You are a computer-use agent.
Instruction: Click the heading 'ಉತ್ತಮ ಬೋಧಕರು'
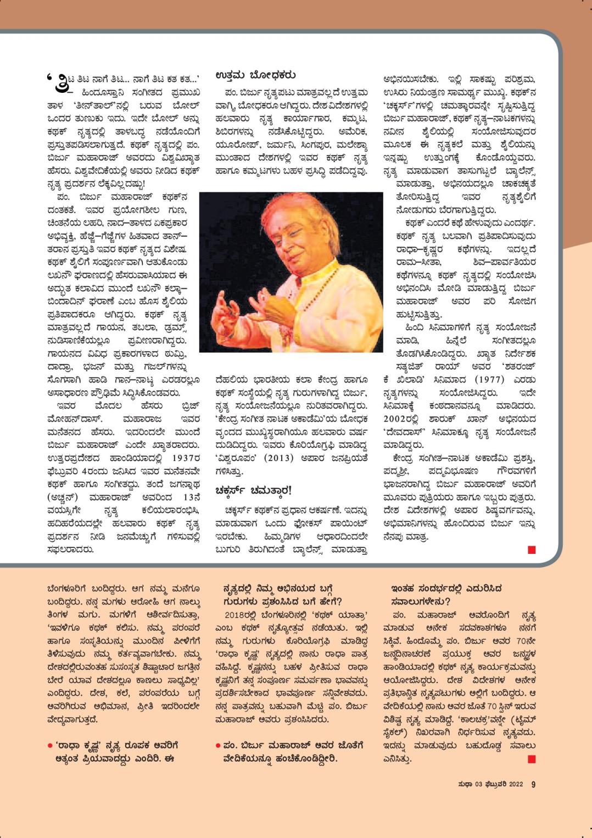[255, 74]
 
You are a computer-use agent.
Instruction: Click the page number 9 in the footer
[533, 784]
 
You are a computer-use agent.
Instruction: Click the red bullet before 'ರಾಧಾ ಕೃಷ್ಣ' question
[51, 746]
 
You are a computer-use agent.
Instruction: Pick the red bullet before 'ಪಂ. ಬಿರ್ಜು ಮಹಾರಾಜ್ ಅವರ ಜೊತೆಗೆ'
[218, 746]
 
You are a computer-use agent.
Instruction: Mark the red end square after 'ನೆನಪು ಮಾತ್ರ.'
[531, 550]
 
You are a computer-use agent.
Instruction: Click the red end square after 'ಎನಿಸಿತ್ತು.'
[531, 759]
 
